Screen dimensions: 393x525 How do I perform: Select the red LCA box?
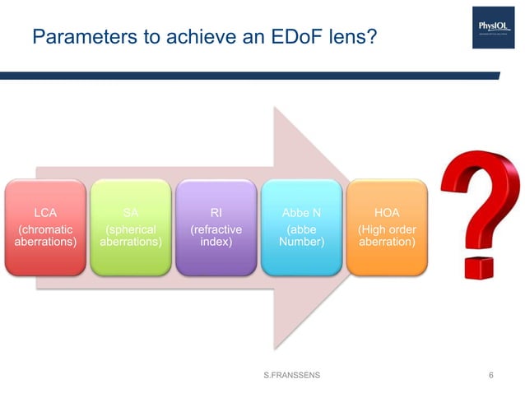pyautogui.click(x=44, y=227)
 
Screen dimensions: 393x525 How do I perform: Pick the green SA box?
pyautogui.click(x=130, y=227)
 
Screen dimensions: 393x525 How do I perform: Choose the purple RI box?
pyautogui.click(x=216, y=227)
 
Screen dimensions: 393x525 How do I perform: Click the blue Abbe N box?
pyautogui.click(x=301, y=227)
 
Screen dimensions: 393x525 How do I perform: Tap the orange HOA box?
pyautogui.click(x=387, y=227)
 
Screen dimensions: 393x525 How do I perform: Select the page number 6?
pyautogui.click(x=491, y=375)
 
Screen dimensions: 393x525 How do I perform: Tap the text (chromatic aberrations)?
pyautogui.click(x=44, y=236)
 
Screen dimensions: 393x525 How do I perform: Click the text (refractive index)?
pyautogui.click(x=216, y=236)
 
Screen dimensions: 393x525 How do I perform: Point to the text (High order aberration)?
pyautogui.click(x=387, y=236)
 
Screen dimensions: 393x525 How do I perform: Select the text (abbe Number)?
pyautogui.click(x=301, y=236)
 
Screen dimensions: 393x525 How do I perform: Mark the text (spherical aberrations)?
pyautogui.click(x=130, y=236)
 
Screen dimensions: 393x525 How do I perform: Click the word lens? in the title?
pyautogui.click(x=352, y=36)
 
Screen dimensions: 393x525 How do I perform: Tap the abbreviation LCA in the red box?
pyautogui.click(x=44, y=212)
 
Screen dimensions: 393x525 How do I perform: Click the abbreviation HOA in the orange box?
pyautogui.click(x=387, y=212)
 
